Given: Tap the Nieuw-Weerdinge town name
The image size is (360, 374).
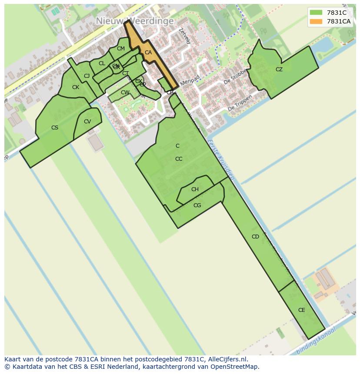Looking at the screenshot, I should pos(135,21).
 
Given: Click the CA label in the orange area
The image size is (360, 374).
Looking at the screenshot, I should pos(148,53).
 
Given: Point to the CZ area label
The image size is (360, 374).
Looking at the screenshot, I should pos(279,70).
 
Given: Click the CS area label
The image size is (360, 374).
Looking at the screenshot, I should pos(55,128).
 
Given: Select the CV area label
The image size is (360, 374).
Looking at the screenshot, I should pos(87,122).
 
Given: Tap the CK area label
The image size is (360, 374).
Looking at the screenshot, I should pos(76,87).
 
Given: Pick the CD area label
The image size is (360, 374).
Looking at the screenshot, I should pos(255,237).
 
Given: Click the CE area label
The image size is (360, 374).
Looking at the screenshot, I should pos(302,310).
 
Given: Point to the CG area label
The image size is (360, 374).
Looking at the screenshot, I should pos(197,205).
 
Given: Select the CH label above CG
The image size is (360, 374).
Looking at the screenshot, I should pos(195,189).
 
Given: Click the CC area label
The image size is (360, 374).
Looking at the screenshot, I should pos(179,159).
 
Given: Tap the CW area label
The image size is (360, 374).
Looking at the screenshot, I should pos(125,93).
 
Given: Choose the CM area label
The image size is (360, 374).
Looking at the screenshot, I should pos(121,49).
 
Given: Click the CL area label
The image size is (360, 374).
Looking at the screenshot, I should pos(102,63).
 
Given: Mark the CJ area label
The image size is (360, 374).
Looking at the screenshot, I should pos(87,76).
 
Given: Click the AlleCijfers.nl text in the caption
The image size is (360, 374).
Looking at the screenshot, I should pos(227,359).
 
